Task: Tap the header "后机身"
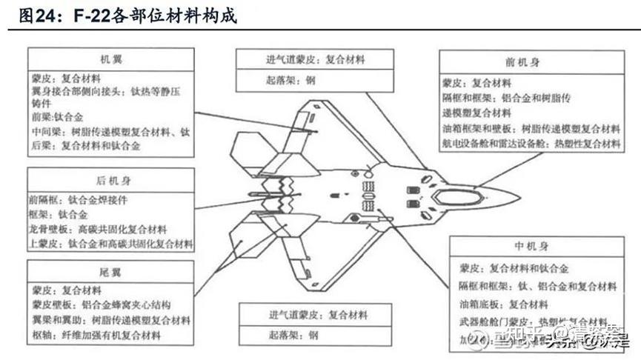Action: click(x=111, y=181)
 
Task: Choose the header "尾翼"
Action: click(x=111, y=271)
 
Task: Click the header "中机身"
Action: click(x=530, y=246)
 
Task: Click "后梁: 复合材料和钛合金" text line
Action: click(x=86, y=147)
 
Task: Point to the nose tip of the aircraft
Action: click(x=518, y=196)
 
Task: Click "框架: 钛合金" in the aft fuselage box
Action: click(x=58, y=214)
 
